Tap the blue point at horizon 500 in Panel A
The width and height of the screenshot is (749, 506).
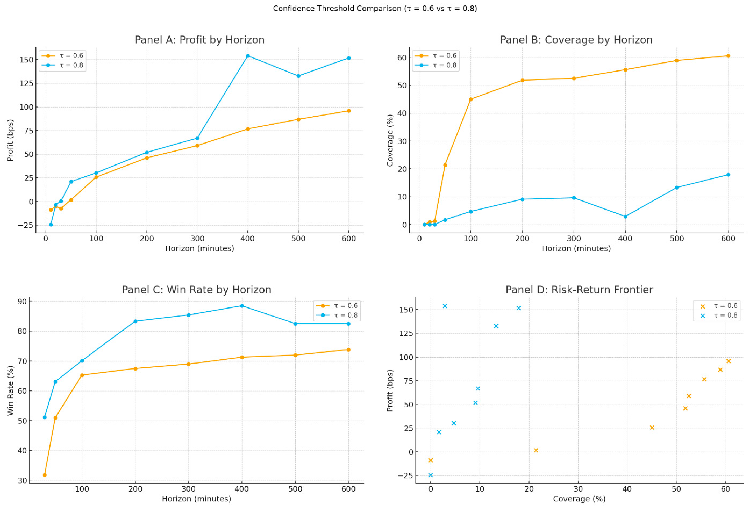[x=298, y=76]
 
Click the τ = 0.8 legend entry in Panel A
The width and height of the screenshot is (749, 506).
[x=71, y=65]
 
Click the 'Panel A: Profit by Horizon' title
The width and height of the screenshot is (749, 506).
[x=200, y=40]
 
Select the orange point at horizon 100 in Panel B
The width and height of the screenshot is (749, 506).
[x=470, y=99]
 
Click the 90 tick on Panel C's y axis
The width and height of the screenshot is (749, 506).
[x=23, y=301]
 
